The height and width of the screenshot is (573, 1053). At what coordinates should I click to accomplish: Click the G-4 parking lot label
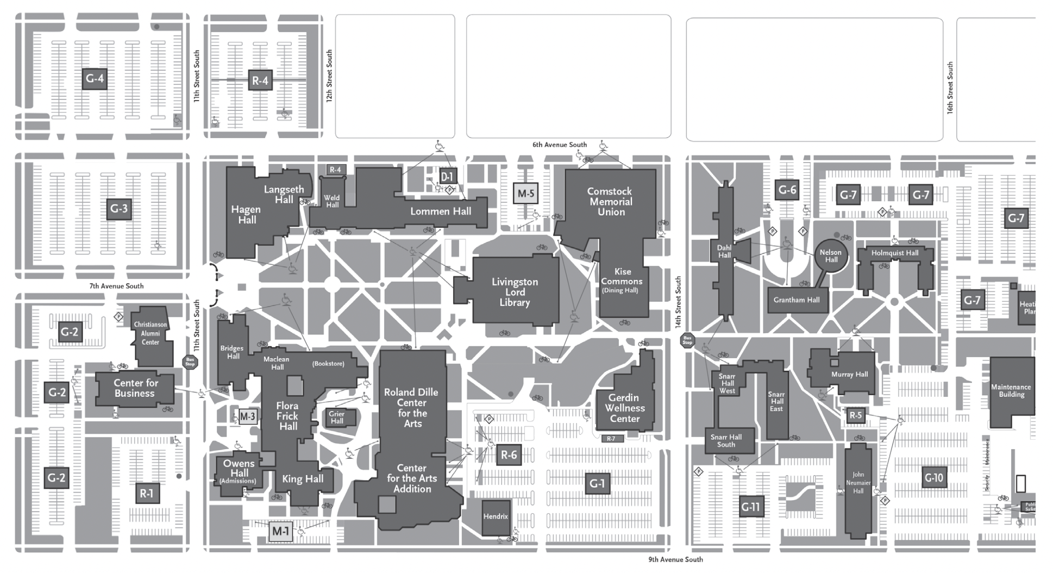(95, 79)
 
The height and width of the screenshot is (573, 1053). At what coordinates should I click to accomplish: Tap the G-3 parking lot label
(119, 209)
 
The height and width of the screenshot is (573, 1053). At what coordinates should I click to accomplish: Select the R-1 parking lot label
(147, 494)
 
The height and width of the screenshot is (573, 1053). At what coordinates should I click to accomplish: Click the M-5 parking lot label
(526, 194)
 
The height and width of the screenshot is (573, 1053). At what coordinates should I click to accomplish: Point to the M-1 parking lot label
(281, 531)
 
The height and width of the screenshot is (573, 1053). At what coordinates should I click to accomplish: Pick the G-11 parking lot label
(751, 507)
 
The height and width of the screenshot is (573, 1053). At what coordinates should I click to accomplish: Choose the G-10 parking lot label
(934, 478)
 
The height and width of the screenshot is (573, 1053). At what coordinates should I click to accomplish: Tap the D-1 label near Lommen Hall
(446, 177)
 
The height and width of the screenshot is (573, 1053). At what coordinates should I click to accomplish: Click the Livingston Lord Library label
(514, 292)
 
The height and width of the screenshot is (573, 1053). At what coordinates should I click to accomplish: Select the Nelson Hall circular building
(831, 256)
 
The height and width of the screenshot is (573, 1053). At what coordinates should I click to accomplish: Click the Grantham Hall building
(797, 300)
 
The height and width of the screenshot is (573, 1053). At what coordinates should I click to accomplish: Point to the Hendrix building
(496, 516)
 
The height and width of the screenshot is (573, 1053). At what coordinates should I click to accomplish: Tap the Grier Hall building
(337, 418)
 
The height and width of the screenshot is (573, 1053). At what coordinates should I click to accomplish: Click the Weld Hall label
(331, 201)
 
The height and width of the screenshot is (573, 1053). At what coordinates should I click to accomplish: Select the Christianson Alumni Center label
(151, 333)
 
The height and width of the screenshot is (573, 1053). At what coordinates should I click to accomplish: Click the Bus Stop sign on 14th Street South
(687, 341)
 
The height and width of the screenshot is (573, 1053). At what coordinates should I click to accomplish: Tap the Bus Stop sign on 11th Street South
(190, 362)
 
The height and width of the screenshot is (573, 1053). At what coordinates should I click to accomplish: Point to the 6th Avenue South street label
(560, 145)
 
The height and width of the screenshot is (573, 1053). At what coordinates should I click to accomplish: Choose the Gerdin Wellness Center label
(625, 408)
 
